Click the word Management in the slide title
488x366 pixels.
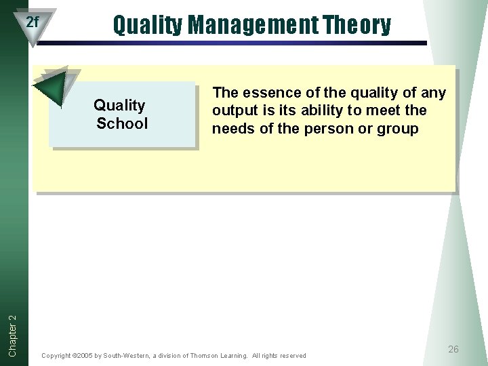253,25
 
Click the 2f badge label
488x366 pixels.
33,22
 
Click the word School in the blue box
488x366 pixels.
121,123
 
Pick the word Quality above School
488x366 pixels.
119,105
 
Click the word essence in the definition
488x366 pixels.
268,92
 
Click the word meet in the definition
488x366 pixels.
382,110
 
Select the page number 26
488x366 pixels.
453,349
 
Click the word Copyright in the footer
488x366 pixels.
56,356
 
